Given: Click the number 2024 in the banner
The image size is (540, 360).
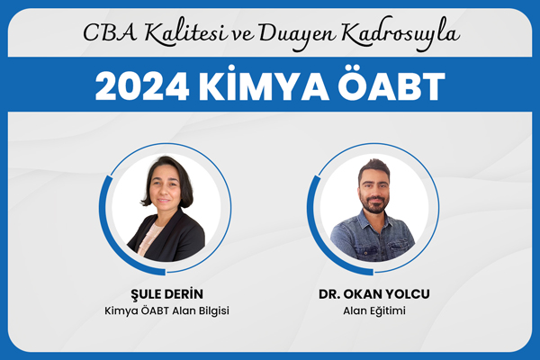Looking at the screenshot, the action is pyautogui.click(x=142, y=86).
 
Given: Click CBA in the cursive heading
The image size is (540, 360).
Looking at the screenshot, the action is pyautogui.click(x=111, y=33).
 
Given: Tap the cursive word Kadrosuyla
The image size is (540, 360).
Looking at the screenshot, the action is pyautogui.click(x=401, y=35).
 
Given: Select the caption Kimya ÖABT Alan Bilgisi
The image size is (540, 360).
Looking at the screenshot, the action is pyautogui.click(x=166, y=310).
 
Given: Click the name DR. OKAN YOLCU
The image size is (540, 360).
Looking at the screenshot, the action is pyautogui.click(x=374, y=294).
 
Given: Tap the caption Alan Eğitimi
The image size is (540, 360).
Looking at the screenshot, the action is pyautogui.click(x=374, y=310).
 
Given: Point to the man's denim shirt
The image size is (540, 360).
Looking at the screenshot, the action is pyautogui.click(x=372, y=237).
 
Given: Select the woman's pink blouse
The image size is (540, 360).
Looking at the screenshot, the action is pyautogui.click(x=148, y=238).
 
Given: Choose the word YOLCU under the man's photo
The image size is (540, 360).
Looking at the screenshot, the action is pyautogui.click(x=409, y=294).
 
